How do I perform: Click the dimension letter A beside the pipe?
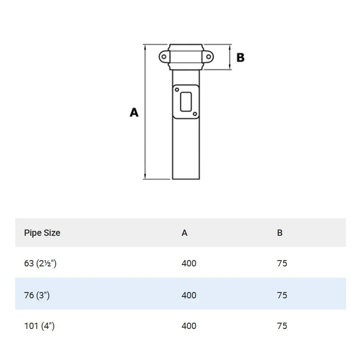tap(134, 112)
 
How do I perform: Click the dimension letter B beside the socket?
tap(240, 58)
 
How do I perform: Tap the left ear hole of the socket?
tap(164, 57)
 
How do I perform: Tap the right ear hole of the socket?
tap(208, 57)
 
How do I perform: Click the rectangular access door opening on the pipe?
tap(186, 101)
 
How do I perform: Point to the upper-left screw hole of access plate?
tap(176, 90)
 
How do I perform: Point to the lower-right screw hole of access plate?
tap(194, 114)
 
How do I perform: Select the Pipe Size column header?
tap(42, 233)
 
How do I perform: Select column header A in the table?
tap(184, 233)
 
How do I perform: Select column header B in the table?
tap(280, 233)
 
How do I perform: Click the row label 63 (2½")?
tap(40, 263)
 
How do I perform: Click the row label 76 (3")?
tap(36, 295)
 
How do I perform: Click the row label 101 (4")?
tap(39, 326)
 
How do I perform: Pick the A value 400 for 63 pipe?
tap(189, 263)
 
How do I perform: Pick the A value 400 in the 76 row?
tap(189, 295)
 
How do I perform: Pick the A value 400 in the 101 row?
tap(189, 326)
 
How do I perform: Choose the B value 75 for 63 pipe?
tap(282, 263)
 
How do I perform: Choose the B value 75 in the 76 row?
tap(282, 295)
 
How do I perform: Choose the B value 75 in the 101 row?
tap(282, 326)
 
